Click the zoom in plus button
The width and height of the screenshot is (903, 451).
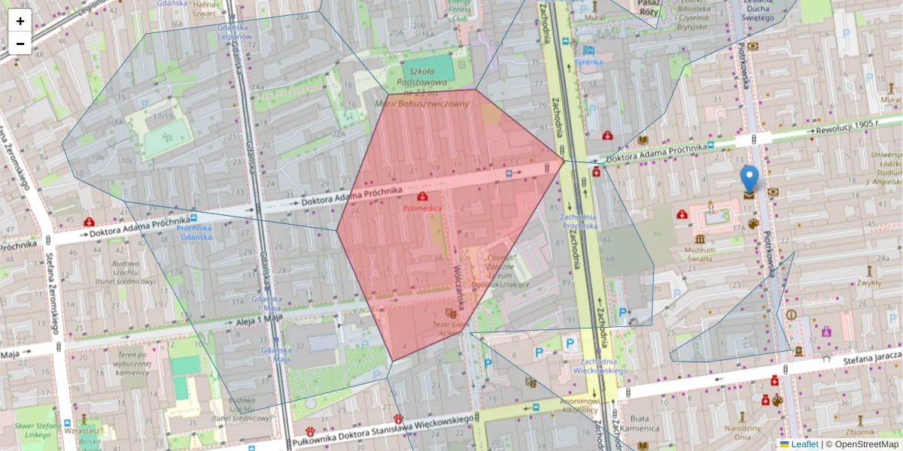[20, 21]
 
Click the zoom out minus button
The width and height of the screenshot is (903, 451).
[20, 44]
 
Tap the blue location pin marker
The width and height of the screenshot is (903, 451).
[749, 180]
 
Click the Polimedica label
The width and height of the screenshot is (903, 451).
[423, 206]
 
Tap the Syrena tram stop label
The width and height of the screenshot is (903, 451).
[588, 62]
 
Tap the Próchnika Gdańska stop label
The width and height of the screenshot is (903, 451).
[194, 232]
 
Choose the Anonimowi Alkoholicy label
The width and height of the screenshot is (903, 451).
[580, 405]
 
